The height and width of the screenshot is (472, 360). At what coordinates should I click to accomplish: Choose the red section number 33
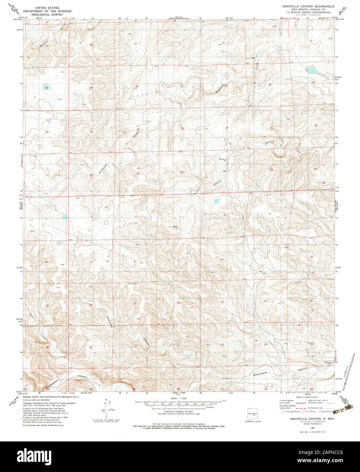(182, 173)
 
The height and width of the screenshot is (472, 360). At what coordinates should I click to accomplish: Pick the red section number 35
(271, 169)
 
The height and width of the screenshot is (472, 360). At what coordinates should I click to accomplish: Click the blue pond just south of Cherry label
(216, 201)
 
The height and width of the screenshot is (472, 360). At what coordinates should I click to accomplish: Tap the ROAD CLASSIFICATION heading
(306, 397)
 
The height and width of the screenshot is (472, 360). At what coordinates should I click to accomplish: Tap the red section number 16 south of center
(177, 303)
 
